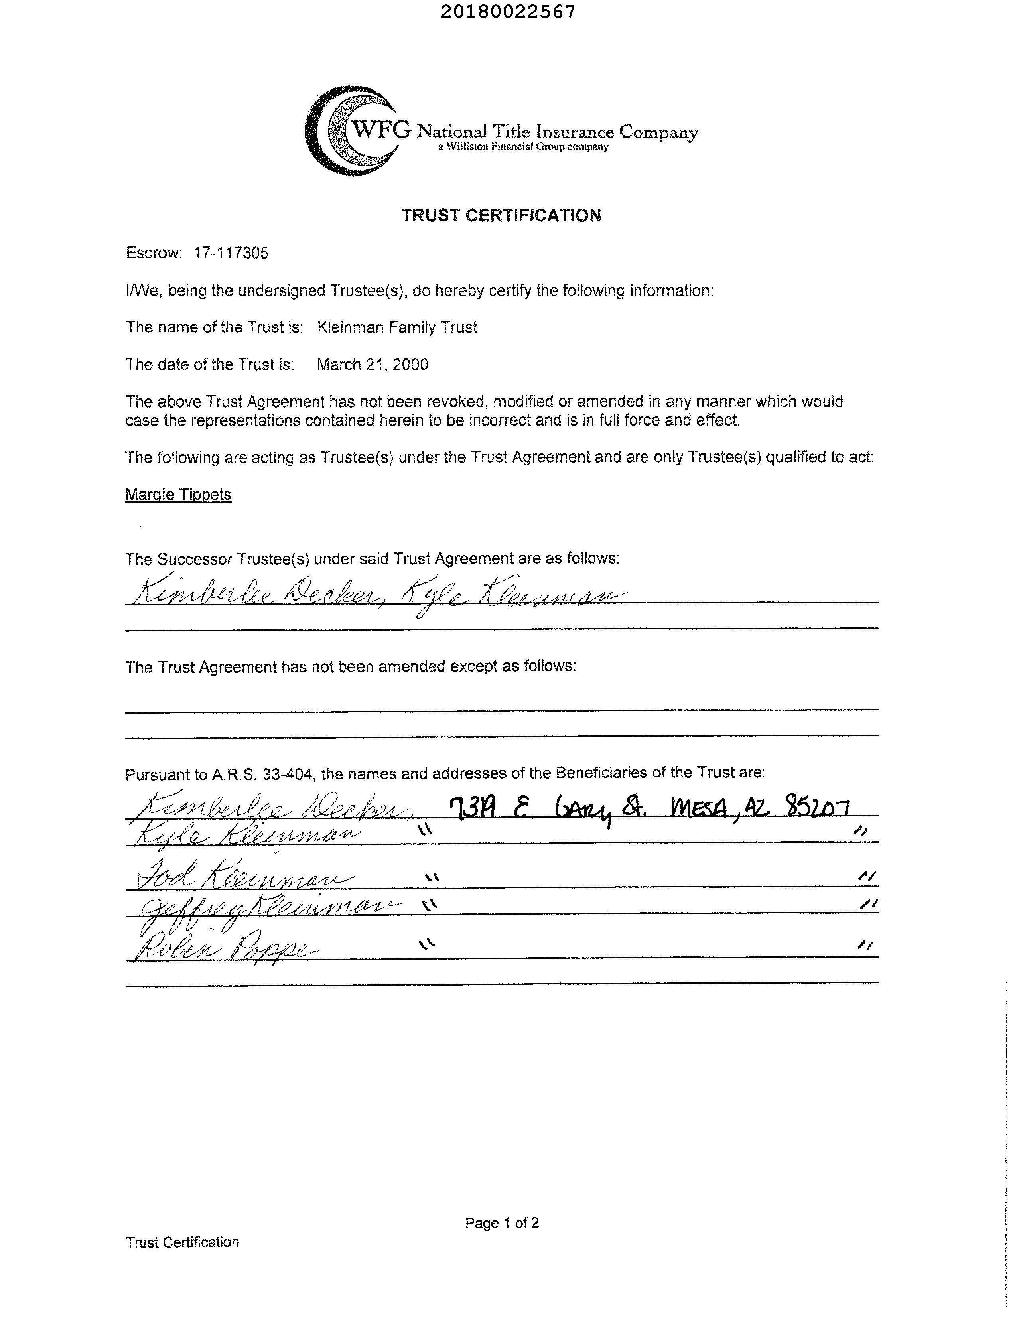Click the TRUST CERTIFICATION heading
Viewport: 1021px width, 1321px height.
click(501, 215)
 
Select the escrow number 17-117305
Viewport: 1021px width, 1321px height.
click(231, 253)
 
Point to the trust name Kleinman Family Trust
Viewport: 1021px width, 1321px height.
click(397, 327)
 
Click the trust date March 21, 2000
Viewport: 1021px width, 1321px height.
click(373, 364)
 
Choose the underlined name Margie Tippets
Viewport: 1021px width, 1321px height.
click(178, 494)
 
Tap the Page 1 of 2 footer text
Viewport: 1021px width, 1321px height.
click(502, 1223)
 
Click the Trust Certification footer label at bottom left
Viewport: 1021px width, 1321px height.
click(182, 1242)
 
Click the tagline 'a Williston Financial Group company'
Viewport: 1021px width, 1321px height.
click(523, 147)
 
